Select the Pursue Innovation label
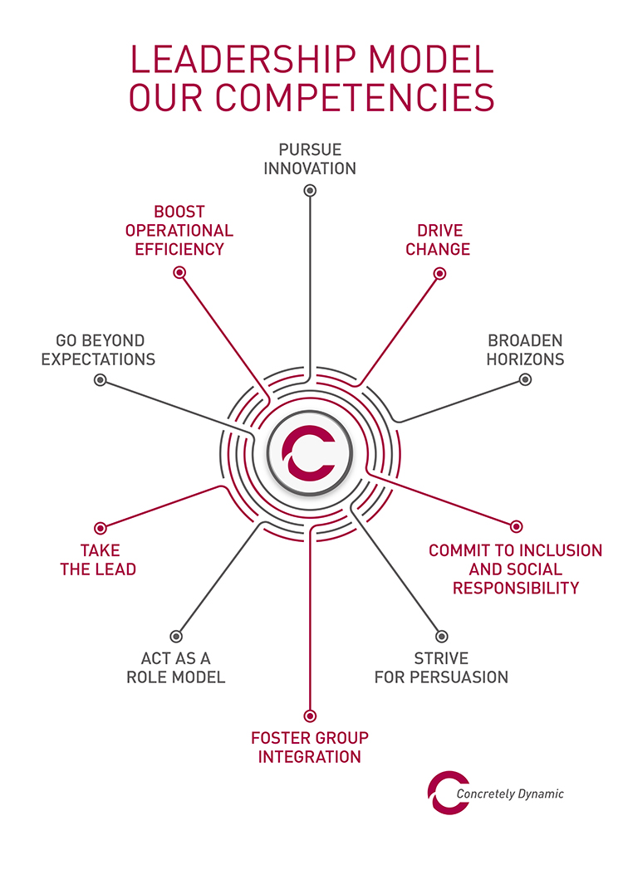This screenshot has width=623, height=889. click(x=310, y=159)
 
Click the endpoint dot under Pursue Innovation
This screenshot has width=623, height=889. click(x=310, y=191)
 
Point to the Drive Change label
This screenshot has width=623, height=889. click(x=438, y=240)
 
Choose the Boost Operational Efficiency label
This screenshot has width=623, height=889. click(x=179, y=230)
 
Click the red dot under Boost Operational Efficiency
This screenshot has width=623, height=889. click(x=179, y=272)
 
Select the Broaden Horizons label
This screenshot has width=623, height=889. click(x=525, y=349)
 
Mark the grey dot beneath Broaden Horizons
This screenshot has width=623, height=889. click(x=525, y=379)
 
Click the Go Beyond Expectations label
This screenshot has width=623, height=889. click(x=99, y=349)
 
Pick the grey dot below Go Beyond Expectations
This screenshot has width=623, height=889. click(x=101, y=379)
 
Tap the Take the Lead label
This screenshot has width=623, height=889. click(x=100, y=559)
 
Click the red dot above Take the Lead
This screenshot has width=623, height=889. click(x=101, y=527)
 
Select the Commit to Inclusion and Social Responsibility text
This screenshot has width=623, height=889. click(x=515, y=569)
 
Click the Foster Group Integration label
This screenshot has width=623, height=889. click(x=310, y=747)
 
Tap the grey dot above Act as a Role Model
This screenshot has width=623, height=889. click(x=175, y=636)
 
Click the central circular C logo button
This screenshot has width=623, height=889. click(x=311, y=453)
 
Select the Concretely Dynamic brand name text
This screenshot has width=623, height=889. click(x=510, y=794)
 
